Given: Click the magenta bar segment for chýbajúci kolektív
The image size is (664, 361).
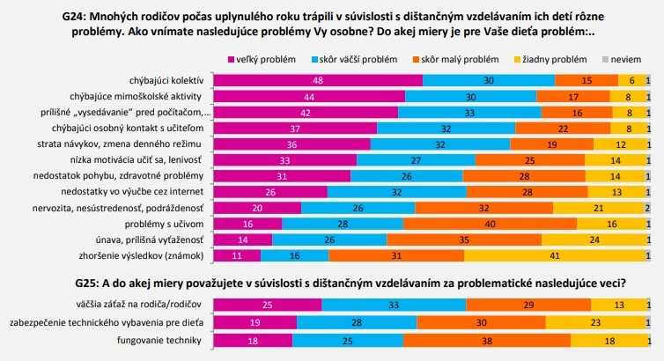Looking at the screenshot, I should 319,80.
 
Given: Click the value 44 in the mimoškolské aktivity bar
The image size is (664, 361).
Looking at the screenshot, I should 311,96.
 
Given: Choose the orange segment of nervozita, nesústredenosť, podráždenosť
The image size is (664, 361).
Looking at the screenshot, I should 483,208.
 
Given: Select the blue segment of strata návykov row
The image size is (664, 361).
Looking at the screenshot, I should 440,144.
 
